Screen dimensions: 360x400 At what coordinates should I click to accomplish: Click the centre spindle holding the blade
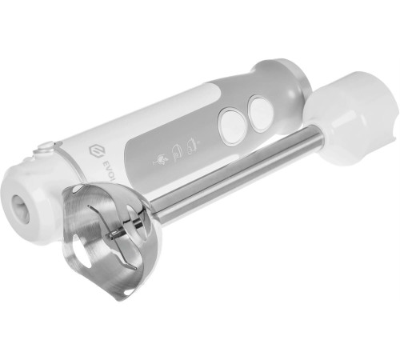pyautogui.click(x=120, y=233)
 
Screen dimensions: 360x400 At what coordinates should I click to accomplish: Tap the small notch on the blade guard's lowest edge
pyautogui.click(x=119, y=293)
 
